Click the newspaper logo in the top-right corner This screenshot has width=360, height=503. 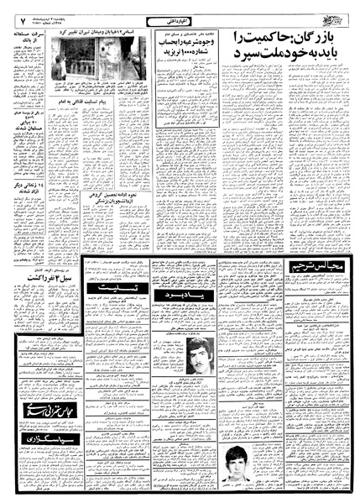(x=334, y=18)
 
